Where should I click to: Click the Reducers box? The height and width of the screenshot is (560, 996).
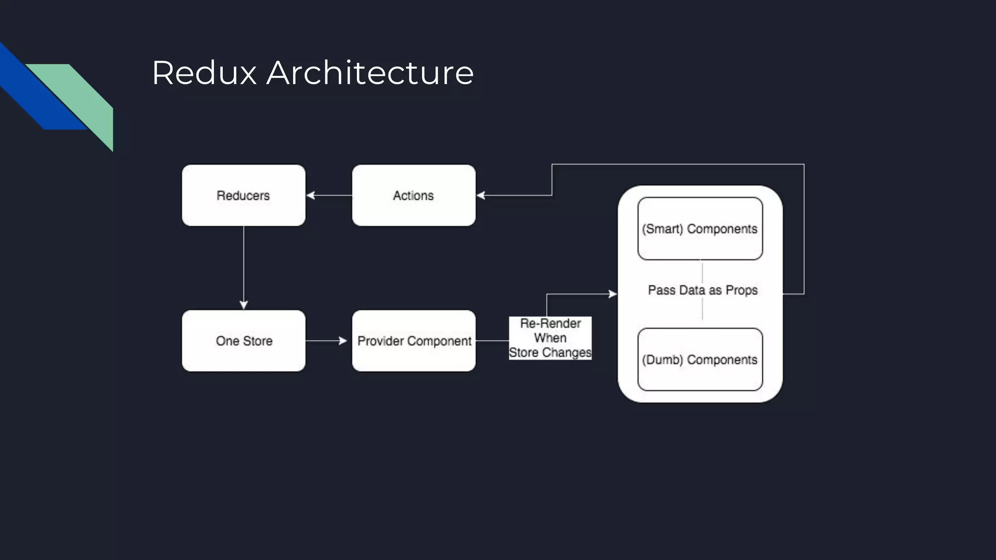(x=244, y=195)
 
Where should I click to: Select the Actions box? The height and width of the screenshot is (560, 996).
(x=413, y=195)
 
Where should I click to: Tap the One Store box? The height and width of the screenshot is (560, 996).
(x=244, y=341)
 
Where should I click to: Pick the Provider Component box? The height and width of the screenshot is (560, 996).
(x=414, y=341)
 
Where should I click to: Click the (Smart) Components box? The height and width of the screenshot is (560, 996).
(x=700, y=228)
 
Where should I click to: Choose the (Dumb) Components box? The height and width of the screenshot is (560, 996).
(x=700, y=360)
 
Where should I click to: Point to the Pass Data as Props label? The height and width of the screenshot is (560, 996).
(x=703, y=290)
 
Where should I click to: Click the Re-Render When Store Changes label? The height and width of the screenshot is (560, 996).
(x=550, y=338)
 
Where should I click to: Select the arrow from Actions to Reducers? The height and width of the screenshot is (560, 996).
(x=329, y=195)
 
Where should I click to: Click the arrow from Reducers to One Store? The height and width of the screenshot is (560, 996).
(x=244, y=267)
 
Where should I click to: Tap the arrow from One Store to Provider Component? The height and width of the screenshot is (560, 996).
(x=326, y=341)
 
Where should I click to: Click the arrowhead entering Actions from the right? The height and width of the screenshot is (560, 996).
(x=481, y=195)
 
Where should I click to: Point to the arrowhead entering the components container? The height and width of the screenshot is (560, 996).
(x=612, y=294)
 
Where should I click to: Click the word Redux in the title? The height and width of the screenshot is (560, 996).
(x=204, y=73)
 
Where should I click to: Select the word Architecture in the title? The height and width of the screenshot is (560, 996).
(x=370, y=73)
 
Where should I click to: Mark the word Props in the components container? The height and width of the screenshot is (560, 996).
(x=742, y=290)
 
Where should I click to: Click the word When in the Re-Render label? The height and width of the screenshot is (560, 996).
(x=550, y=338)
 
